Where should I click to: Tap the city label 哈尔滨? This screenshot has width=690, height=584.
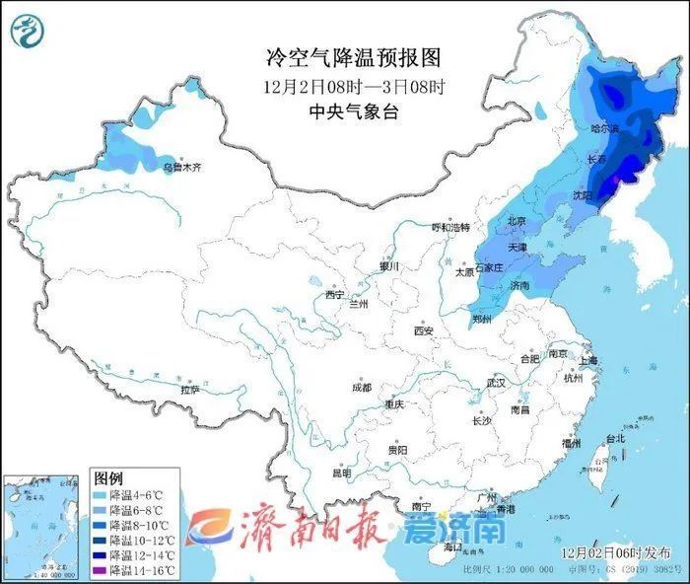coord(604,129)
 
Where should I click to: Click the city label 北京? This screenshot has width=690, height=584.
coord(516,222)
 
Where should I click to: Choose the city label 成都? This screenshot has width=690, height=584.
coord(361,388)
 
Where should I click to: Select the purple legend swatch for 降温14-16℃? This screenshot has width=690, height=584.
coord(100,570)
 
